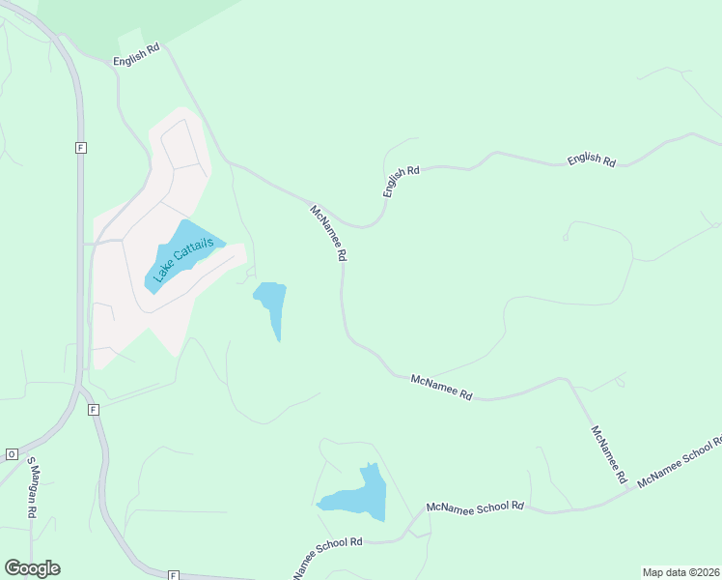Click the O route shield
13,453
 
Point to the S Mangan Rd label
31,488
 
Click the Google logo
32,568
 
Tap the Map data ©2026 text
680,572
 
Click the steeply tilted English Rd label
402,181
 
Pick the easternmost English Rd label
592,159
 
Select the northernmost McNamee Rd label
328,233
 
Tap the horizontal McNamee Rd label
441,387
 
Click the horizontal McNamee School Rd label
475,507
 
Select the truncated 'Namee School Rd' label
327,552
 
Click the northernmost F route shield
81,147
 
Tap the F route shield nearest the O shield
93,410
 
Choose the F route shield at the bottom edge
173,574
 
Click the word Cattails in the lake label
194,248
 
